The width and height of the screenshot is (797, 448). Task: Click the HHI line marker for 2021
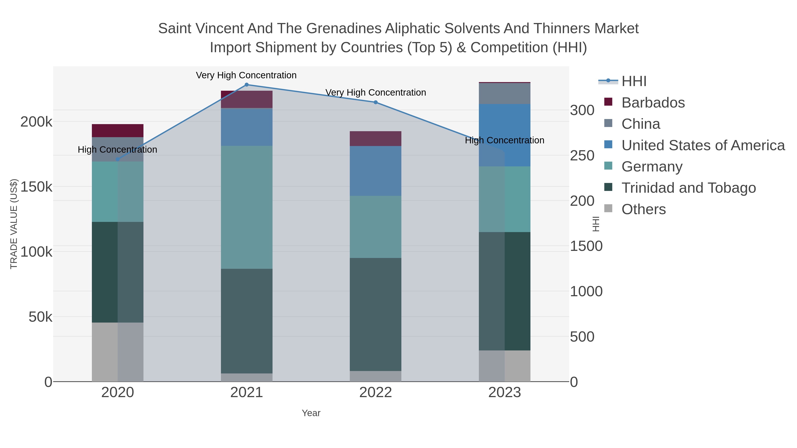point(247,85)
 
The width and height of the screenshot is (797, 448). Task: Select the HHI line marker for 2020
point(117,160)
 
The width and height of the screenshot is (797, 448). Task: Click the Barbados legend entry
point(653,103)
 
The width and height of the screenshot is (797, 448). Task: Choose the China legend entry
point(640,124)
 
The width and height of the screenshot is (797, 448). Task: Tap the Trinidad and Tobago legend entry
point(688,188)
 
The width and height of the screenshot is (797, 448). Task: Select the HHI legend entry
point(634,81)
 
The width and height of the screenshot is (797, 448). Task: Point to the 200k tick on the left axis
point(36,122)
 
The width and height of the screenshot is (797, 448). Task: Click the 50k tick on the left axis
point(40,317)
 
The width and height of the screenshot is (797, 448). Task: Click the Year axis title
point(311,413)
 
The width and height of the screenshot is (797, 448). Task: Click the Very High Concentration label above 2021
point(246,75)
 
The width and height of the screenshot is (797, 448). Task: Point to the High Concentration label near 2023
point(504,140)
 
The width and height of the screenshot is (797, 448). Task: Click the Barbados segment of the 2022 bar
point(376,138)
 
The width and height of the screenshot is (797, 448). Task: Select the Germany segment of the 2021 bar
point(247,207)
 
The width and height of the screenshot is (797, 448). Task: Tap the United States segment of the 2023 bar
point(505,135)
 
